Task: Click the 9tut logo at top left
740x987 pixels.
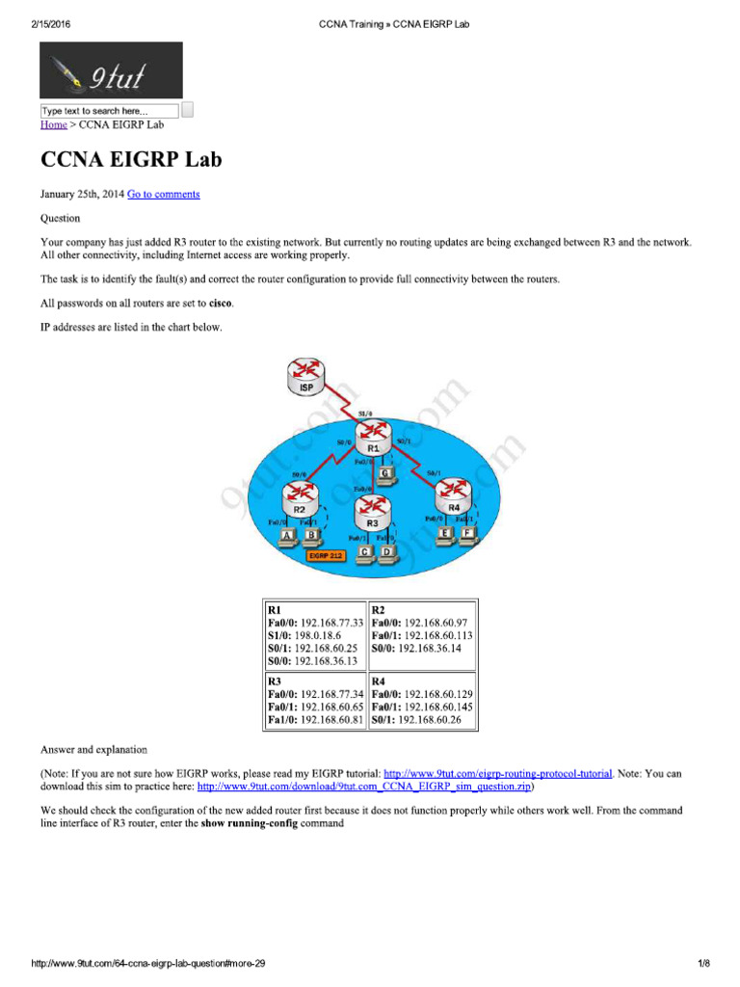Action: [x=110, y=70]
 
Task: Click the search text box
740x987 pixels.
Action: [x=109, y=111]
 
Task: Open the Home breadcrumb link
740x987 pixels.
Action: [x=53, y=124]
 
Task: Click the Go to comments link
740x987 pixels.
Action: [x=164, y=194]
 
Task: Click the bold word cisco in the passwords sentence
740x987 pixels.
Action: [x=221, y=303]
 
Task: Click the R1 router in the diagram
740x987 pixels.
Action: [x=373, y=436]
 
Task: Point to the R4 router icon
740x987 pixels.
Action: [x=454, y=495]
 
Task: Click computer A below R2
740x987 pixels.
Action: [x=286, y=536]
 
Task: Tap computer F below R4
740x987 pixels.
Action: [x=468, y=533]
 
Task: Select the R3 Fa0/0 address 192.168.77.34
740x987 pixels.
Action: [x=332, y=694]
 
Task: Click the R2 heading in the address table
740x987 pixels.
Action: [x=379, y=610]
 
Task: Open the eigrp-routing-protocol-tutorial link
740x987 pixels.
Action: [x=497, y=773]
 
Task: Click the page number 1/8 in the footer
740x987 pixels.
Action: [x=702, y=964]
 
